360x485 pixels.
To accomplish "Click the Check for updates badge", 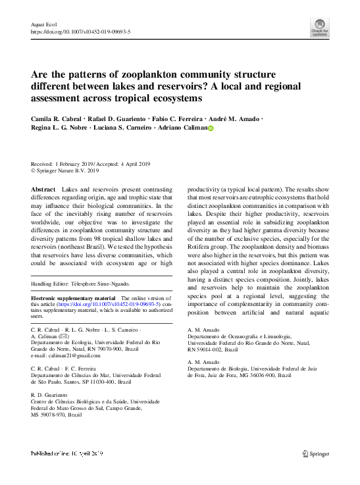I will tap(319, 26).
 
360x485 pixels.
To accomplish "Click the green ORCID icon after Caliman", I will tap(211, 129).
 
